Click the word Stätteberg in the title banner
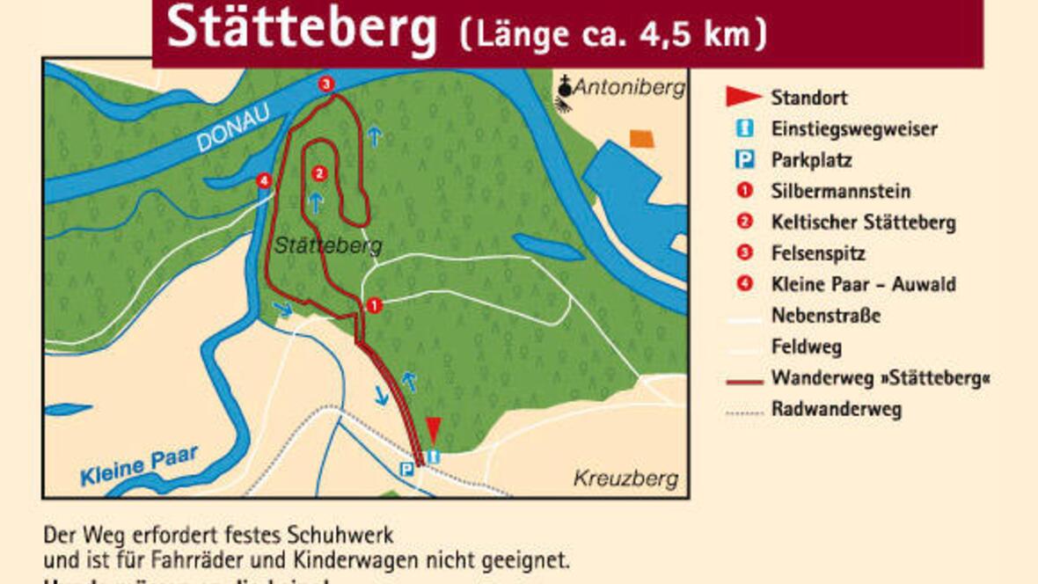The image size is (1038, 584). click(301, 28)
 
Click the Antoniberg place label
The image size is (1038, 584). click(628, 87)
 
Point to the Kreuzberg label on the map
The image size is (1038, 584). click(625, 478)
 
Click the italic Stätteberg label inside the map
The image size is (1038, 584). click(327, 245)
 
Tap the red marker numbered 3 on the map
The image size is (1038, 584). click(326, 84)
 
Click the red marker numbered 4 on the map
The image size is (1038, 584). click(263, 181)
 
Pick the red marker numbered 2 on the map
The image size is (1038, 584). click(319, 173)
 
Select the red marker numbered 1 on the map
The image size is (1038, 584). click(375, 305)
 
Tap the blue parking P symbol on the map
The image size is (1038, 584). click(406, 470)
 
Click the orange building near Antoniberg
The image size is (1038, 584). click(642, 138)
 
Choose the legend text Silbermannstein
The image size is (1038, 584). click(840, 191)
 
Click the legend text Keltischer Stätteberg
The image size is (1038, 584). click(863, 223)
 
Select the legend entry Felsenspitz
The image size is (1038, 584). click(817, 253)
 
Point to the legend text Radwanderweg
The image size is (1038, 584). click(836, 409)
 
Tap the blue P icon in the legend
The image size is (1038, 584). click(745, 160)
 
